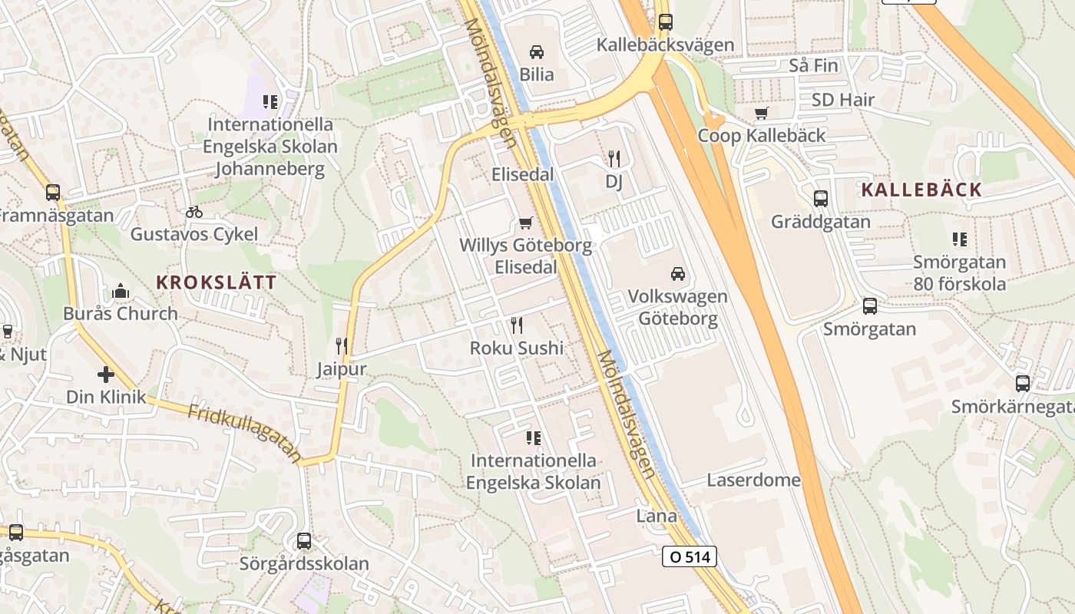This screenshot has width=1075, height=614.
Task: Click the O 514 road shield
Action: click(689, 556)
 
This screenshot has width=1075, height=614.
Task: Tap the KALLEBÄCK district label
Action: click(921, 190)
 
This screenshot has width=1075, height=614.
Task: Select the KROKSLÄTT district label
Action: click(217, 282)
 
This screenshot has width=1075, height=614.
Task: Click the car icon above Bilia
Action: click(537, 52)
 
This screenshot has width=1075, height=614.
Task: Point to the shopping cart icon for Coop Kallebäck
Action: click(761, 114)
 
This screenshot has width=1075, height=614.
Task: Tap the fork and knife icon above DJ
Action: click(614, 159)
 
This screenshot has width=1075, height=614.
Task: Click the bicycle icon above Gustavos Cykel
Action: click(194, 211)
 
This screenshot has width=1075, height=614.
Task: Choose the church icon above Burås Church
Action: click(120, 291)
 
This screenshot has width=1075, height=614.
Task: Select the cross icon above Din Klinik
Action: click(106, 375)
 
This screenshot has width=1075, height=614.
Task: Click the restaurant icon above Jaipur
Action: click(342, 346)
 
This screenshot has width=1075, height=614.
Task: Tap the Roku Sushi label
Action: click(517, 348)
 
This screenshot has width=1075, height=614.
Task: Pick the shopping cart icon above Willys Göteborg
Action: click(525, 223)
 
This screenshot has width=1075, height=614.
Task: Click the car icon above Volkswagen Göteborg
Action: click(677, 273)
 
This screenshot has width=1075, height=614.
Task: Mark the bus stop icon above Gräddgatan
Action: click(821, 199)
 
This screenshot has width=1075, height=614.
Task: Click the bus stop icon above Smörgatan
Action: click(869, 306)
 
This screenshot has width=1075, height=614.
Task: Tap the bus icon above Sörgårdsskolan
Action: click(304, 540)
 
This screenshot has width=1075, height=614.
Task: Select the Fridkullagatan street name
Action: click(244, 434)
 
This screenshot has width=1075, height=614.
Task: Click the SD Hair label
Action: click(842, 100)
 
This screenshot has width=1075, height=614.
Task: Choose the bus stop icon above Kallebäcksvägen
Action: click(665, 22)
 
